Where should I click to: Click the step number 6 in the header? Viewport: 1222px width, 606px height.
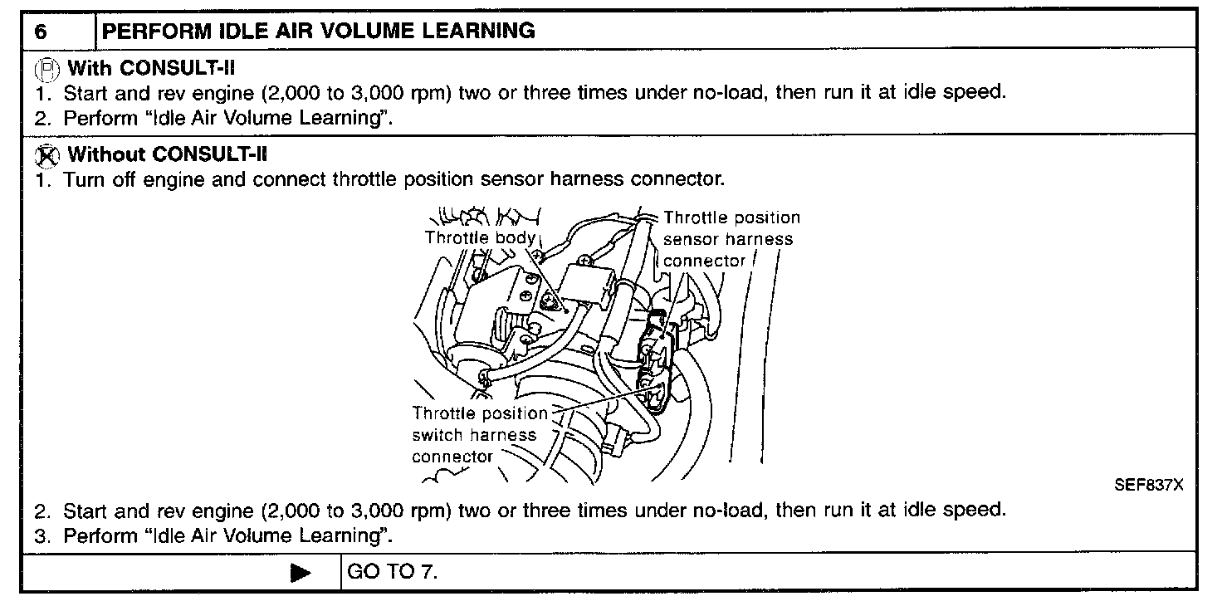pos(41,32)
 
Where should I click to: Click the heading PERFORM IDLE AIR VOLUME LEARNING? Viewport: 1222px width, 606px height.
pos(318,31)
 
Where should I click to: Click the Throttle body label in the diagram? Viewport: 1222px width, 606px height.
pos(480,237)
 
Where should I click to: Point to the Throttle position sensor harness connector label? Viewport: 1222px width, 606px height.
pos(731,239)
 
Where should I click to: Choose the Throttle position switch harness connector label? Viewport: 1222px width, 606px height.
pos(479,434)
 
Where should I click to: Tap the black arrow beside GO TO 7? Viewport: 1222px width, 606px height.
pos(301,573)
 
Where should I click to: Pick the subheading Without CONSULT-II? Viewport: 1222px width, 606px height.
pos(168,154)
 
